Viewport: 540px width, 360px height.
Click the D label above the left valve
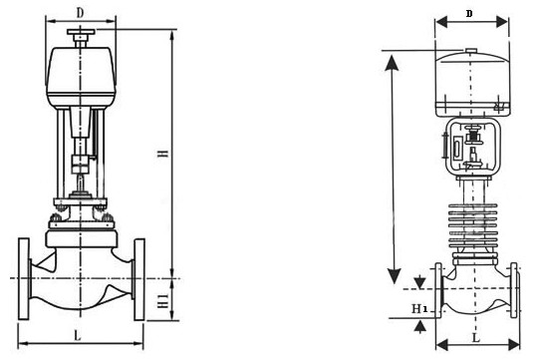(x=80, y=13)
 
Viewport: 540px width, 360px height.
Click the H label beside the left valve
(x=163, y=154)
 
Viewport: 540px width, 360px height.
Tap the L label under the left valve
(x=78, y=335)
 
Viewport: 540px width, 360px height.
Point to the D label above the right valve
(x=469, y=14)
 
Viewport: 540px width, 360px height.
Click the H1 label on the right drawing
(x=419, y=308)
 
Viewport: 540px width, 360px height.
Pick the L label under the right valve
(x=476, y=338)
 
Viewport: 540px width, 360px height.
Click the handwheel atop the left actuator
(x=81, y=32)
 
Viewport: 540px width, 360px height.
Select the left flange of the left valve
(x=24, y=279)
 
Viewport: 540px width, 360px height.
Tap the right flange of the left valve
(x=139, y=279)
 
